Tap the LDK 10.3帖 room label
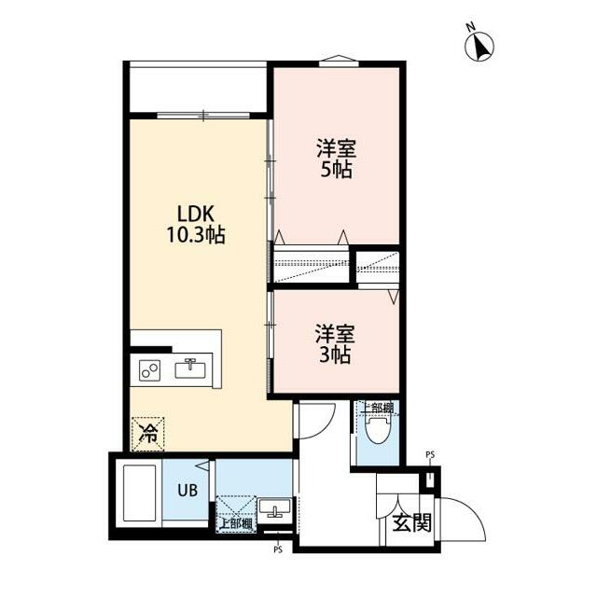pos(196,225)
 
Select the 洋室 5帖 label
pos(336,160)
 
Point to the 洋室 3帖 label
pos(335,344)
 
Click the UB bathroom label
pos(187,491)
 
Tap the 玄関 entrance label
pos(412,522)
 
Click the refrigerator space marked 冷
pos(147,434)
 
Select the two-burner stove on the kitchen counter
pos(149,370)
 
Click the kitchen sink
pos(190,368)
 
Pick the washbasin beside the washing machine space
pos(275,507)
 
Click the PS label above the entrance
pos(430,454)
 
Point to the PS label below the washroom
pos(278,549)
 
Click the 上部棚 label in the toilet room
pos(377,408)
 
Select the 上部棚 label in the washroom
pos(236,524)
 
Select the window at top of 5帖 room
pos(339,62)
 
